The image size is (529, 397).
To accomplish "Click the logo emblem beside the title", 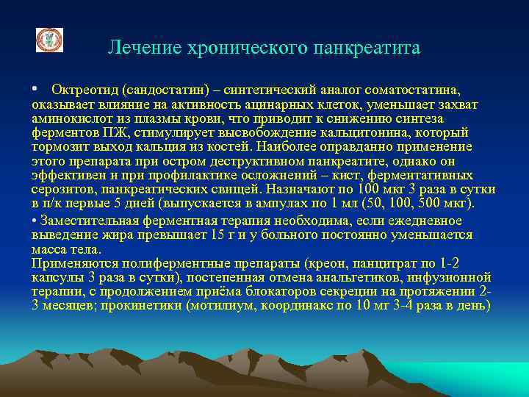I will click(49, 40).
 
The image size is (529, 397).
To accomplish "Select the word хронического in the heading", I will click(238, 49).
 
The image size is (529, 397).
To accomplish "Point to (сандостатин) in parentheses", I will click(159, 90).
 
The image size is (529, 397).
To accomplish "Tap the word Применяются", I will click(71, 262).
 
